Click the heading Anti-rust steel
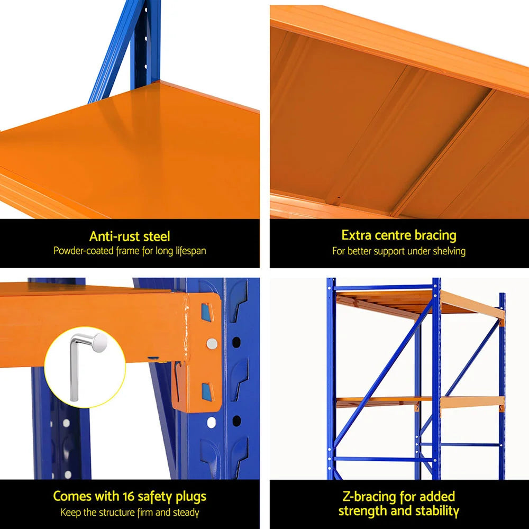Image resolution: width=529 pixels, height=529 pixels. pyautogui.click(x=130, y=236)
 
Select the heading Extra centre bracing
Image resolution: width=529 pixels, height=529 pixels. pyautogui.click(x=399, y=235)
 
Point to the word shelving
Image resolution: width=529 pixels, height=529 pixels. pyautogui.click(x=447, y=251)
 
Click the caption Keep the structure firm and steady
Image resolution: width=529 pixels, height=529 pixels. pyautogui.click(x=130, y=512)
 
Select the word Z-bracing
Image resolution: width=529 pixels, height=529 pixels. pyautogui.click(x=368, y=496)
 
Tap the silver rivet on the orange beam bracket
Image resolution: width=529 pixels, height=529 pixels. pyautogui.click(x=212, y=344)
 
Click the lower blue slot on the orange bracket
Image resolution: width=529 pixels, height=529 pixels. pyautogui.click(x=205, y=390)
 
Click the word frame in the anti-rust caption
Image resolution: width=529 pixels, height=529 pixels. pyautogui.click(x=127, y=251)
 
